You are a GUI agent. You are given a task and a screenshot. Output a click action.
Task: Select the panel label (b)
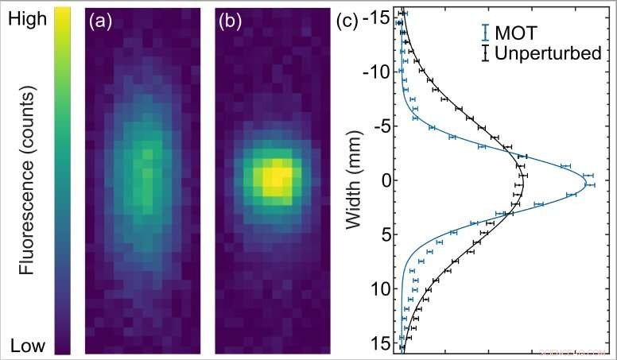click(234, 23)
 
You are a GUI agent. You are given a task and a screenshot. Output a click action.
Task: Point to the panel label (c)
click(350, 21)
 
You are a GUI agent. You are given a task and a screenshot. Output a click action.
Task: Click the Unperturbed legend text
click(547, 54)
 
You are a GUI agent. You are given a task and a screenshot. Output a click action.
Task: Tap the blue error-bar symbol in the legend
click(484, 33)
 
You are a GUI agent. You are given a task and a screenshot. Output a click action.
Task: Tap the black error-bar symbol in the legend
click(484, 54)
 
